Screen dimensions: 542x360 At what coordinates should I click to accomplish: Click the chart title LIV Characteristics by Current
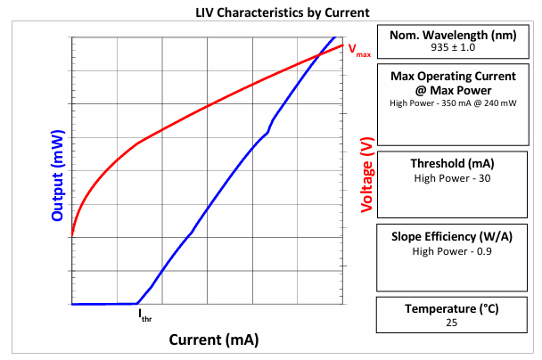pos(283,12)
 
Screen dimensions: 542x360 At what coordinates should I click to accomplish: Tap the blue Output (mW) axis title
pos(58,176)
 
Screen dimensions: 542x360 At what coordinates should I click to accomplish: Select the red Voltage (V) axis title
pos(367,175)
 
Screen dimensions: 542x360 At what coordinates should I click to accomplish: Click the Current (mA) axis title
pos(214,340)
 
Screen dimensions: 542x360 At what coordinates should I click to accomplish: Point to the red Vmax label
pos(359,50)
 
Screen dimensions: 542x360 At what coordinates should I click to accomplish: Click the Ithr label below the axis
pos(145,315)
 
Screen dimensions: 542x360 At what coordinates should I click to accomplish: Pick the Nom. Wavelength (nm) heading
pos(453,36)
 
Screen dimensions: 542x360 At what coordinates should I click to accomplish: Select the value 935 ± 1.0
pos(453,47)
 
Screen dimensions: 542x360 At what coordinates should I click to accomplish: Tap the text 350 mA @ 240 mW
pos(479,103)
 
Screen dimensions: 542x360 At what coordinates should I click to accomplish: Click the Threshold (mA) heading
pos(452,163)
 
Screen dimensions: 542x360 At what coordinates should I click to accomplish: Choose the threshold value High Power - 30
pos(452,178)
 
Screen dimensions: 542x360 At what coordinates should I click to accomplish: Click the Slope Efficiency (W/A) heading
pos(452,237)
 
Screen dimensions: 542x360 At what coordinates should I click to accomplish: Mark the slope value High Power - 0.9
pos(452,251)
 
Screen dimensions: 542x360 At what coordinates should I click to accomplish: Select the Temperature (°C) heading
pos(452,309)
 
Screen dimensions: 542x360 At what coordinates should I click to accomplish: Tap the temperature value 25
pos(451,323)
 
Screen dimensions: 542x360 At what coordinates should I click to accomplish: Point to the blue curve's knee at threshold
pos(137,304)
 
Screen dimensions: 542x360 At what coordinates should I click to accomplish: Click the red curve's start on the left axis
pos(72,236)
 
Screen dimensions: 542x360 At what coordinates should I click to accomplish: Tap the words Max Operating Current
pos(453,77)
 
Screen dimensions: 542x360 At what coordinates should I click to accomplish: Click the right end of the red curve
pos(342,45)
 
